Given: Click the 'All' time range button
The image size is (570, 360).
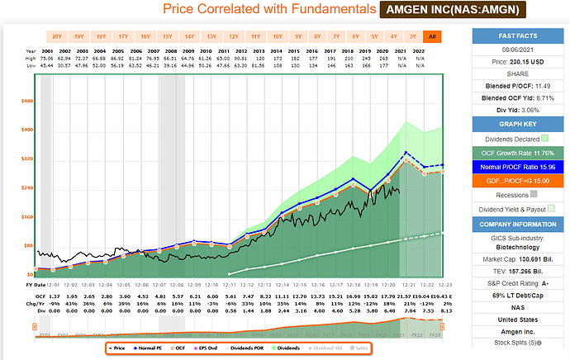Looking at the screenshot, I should (x=432, y=37).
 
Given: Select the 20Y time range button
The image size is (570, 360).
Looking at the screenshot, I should (x=56, y=37).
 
